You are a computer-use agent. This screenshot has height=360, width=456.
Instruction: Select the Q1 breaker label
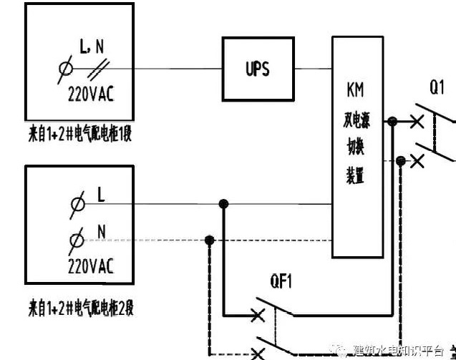tap(437, 88)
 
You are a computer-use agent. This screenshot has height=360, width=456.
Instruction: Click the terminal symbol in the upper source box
tap(66, 69)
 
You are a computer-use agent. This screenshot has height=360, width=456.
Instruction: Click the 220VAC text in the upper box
tap(91, 93)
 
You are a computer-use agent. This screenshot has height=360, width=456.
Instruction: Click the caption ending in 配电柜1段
tap(78, 133)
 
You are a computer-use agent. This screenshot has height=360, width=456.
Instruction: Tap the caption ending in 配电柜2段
tap(78, 308)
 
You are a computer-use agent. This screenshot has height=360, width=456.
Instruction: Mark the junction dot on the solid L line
tap(223, 204)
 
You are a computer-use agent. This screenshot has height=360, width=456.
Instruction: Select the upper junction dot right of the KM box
tap(392, 122)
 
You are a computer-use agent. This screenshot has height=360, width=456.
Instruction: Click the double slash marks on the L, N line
tap(102, 69)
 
